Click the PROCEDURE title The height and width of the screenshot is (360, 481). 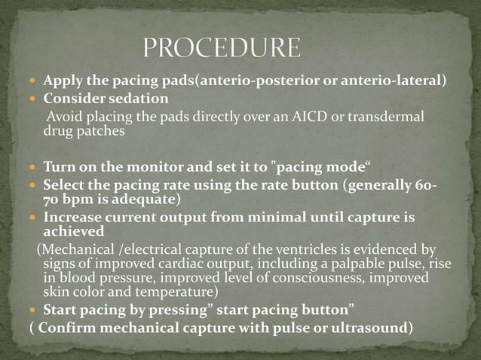(x=222, y=49)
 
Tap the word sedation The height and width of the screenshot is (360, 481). (x=138, y=99)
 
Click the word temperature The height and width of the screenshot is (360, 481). (x=177, y=291)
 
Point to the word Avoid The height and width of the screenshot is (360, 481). (x=63, y=117)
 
